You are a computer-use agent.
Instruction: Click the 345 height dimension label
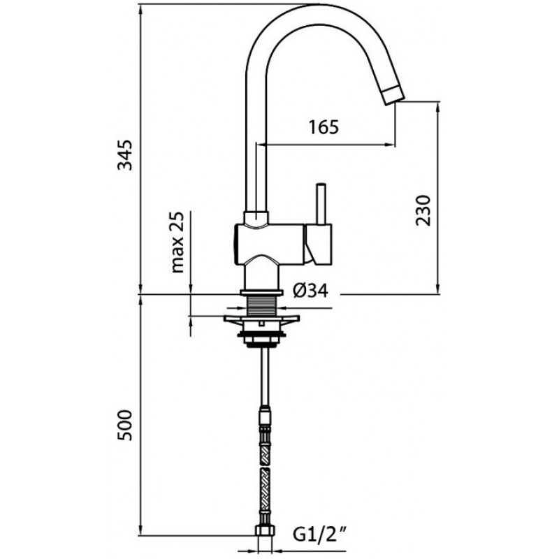click(x=125, y=155)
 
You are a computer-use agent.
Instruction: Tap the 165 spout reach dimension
click(x=324, y=127)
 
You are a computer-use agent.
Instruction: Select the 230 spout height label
click(x=423, y=210)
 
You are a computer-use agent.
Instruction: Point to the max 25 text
click(x=177, y=242)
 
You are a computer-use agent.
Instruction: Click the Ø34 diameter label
click(x=310, y=291)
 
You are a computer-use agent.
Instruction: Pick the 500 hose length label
click(x=125, y=426)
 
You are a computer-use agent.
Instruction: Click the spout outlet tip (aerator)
click(x=394, y=95)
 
